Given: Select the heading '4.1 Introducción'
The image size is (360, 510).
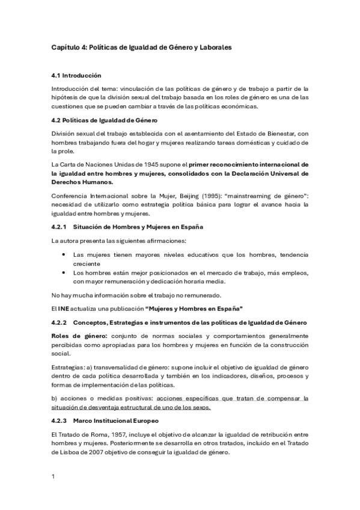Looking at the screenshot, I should click(76, 76).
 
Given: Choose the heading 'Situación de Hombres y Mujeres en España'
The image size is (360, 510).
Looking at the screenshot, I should click(138, 227).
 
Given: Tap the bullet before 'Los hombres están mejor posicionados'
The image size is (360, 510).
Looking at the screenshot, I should click(64, 272).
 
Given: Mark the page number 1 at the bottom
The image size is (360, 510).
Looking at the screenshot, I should click(53, 477).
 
